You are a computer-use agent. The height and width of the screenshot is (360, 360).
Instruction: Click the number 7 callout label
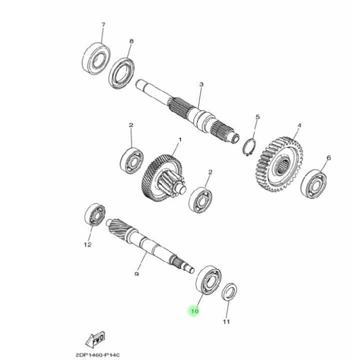click(x=103, y=25)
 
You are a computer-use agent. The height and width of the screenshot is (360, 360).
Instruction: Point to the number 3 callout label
click(x=202, y=84)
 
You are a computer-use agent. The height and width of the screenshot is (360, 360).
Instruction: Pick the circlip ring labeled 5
click(x=250, y=146)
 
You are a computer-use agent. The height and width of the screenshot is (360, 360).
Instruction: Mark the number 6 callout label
click(x=329, y=158)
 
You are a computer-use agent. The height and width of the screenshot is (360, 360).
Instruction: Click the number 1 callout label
click(x=180, y=139)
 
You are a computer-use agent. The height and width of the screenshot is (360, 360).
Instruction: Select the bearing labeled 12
click(x=96, y=214)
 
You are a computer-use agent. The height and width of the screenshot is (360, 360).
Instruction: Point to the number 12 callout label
click(x=87, y=245)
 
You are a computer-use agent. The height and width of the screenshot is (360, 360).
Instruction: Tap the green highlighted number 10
click(x=194, y=311)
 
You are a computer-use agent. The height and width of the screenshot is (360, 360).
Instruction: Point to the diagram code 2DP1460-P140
click(x=97, y=355)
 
